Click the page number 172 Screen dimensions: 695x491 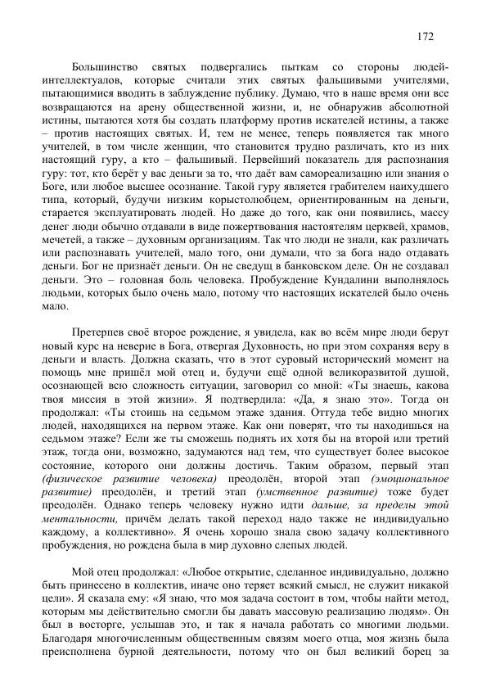point(425,36)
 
